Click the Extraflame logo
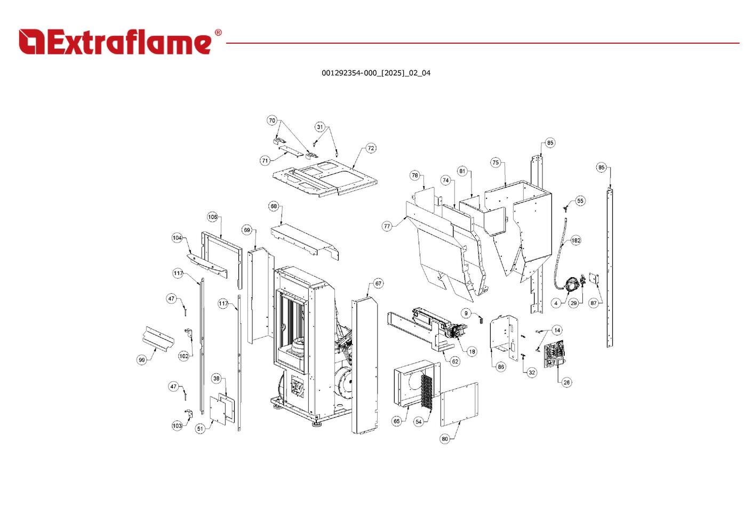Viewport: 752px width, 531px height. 115,42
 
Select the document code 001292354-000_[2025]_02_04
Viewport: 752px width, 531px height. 375,73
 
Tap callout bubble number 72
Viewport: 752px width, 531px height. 371,148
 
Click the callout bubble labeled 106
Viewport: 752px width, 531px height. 212,217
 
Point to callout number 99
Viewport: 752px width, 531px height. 141,360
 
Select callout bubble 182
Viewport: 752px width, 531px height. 576,240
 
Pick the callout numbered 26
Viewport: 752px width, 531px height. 566,382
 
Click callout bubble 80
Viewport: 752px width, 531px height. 445,439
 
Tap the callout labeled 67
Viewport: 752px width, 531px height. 378,284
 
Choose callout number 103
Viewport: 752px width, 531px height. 177,425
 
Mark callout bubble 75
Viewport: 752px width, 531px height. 495,163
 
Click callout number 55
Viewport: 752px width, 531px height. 580,201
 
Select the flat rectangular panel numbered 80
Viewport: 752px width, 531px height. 459,404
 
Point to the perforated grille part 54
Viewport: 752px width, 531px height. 427,393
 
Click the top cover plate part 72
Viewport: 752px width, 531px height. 325,179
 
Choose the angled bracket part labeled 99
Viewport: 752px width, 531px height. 158,339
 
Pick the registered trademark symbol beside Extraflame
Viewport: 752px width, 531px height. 218,33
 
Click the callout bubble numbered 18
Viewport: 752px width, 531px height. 471,351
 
